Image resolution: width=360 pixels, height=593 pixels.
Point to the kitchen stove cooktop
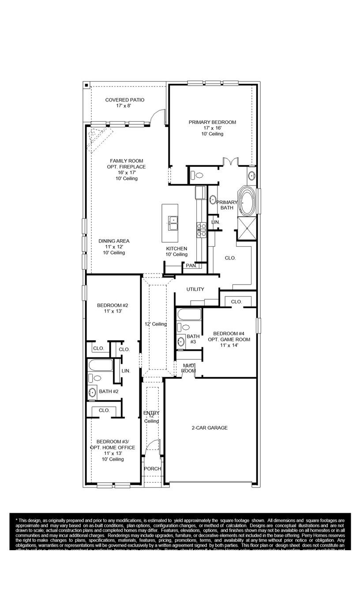pyautogui.click(x=202, y=229)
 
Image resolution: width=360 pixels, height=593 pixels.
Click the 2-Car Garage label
pyautogui.click(x=210, y=428)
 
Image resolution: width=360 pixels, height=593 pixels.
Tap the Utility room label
pyautogui.click(x=195, y=289)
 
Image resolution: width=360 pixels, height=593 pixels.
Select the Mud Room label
pyautogui.click(x=188, y=368)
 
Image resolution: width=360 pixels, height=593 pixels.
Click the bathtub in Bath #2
pyautogui.click(x=101, y=365)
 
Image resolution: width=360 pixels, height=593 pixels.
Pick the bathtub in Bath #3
pyautogui.click(x=189, y=315)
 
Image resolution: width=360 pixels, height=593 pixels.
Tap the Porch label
pyautogui.click(x=153, y=469)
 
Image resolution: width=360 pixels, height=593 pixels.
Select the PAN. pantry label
pyautogui.click(x=191, y=266)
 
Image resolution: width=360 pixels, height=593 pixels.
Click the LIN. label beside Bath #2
pyautogui.click(x=126, y=371)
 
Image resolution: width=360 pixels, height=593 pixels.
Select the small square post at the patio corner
pyautogui.click(x=87, y=85)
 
